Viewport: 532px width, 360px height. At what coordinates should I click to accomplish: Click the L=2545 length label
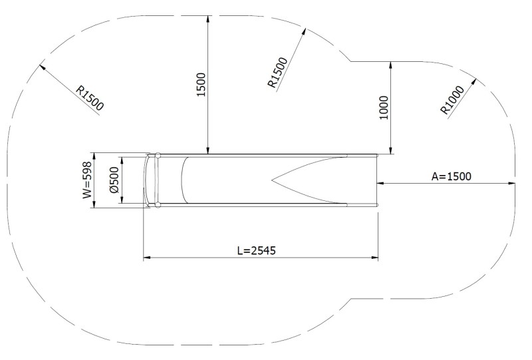click(x=256, y=251)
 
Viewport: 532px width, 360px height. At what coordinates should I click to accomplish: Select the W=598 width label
click(x=86, y=182)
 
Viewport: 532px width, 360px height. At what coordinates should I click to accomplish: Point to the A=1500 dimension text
click(x=451, y=176)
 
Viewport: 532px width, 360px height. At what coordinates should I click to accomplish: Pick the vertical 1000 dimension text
click(x=384, y=106)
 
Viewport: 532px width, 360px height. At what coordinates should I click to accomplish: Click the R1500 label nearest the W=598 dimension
click(x=90, y=97)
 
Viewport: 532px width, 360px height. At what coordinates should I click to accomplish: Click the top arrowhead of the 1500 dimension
click(x=209, y=17)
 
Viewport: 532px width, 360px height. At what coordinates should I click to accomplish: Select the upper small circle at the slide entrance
click(x=158, y=156)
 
